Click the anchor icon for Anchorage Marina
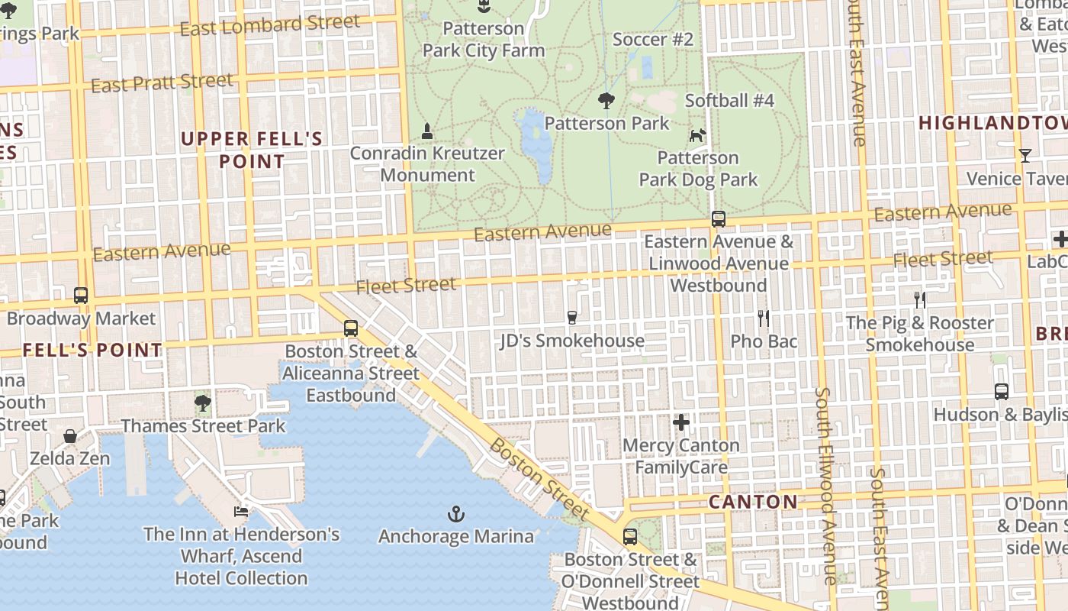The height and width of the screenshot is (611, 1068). pyautogui.click(x=455, y=513)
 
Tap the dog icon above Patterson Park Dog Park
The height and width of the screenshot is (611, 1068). pyautogui.click(x=697, y=136)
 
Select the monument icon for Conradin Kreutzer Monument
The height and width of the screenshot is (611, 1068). pyautogui.click(x=427, y=131)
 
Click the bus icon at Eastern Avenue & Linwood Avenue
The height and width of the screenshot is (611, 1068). pyautogui.click(x=718, y=219)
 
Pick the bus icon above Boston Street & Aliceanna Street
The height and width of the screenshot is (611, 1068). pyautogui.click(x=350, y=328)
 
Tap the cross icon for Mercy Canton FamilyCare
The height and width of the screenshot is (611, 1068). pyautogui.click(x=681, y=422)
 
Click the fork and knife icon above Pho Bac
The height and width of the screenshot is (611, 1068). pyautogui.click(x=763, y=318)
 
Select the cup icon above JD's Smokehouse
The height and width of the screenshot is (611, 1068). pyautogui.click(x=572, y=317)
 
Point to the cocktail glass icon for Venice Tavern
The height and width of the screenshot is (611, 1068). pyautogui.click(x=1025, y=156)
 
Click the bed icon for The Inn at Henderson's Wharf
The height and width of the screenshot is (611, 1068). pyautogui.click(x=241, y=511)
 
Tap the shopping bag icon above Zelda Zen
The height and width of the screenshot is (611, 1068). pyautogui.click(x=70, y=436)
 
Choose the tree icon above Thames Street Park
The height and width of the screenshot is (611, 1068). pyautogui.click(x=202, y=402)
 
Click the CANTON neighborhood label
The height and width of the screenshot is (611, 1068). pyautogui.click(x=753, y=502)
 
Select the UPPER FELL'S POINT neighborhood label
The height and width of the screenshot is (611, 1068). pyautogui.click(x=252, y=150)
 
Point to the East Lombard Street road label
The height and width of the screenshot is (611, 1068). pyautogui.click(x=270, y=25)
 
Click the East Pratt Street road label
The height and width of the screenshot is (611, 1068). pyautogui.click(x=162, y=82)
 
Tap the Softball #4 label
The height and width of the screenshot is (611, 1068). pyautogui.click(x=729, y=101)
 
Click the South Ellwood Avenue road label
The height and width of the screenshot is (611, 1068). pyautogui.click(x=825, y=485)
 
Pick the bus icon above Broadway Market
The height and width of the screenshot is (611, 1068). pyautogui.click(x=80, y=295)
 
